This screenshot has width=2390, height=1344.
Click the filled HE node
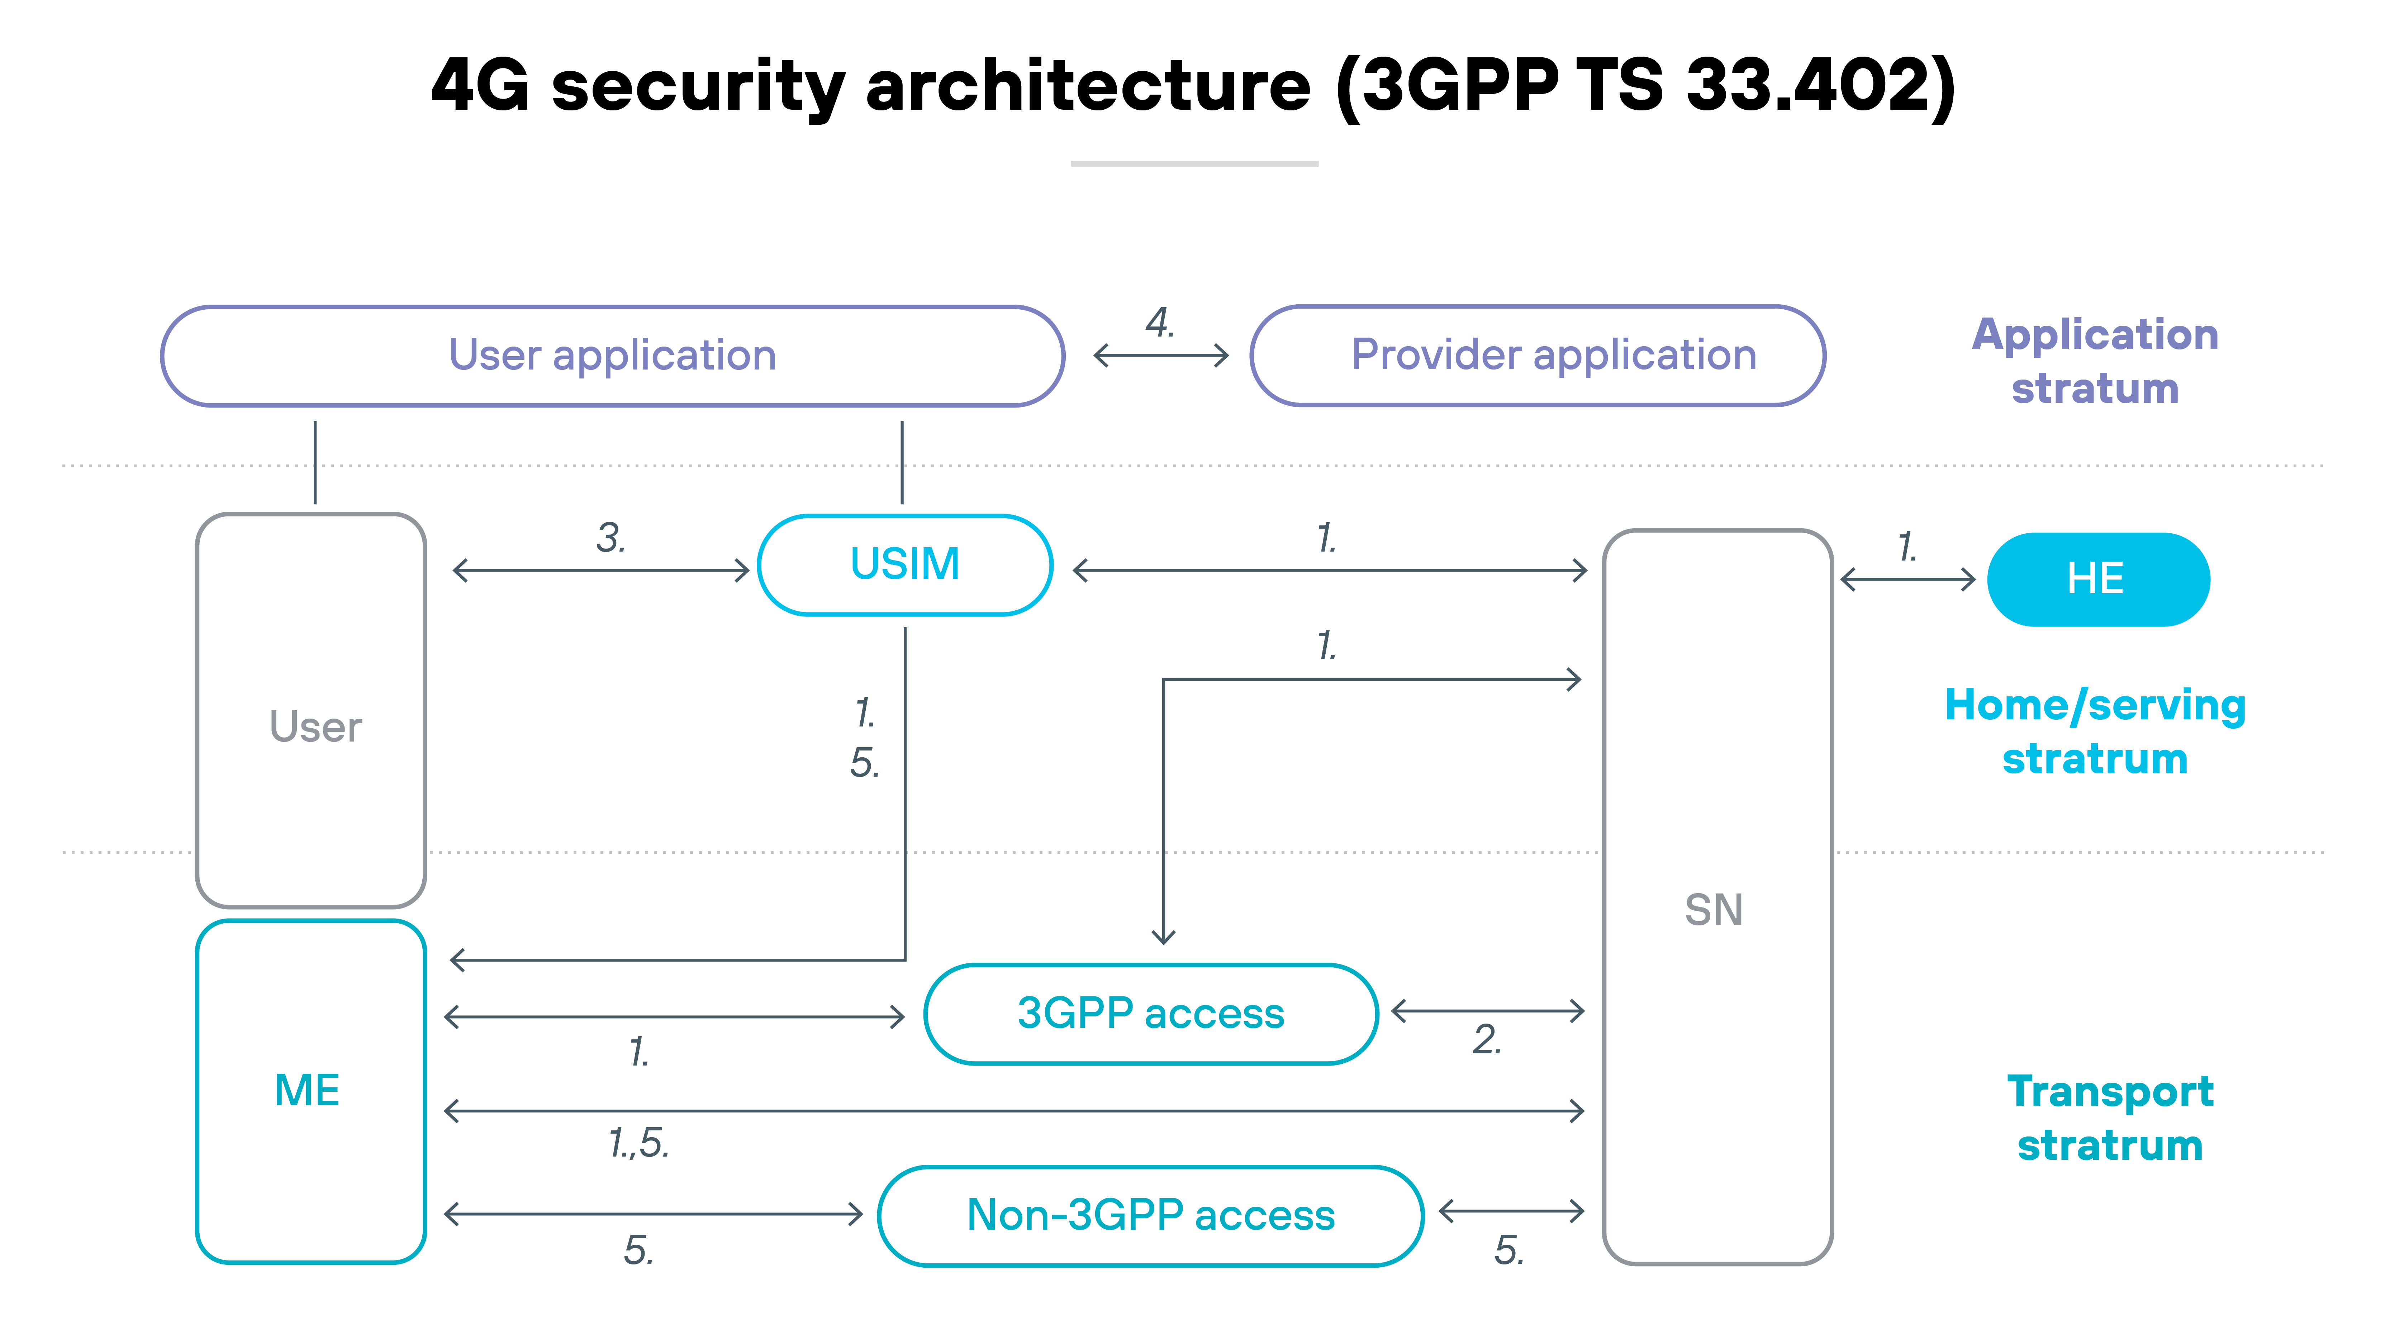2098,580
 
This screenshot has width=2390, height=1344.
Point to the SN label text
1714,910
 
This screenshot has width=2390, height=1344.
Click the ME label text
307,1091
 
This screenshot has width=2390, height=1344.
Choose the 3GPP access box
1150,1014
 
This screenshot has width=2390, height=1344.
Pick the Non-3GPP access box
1150,1215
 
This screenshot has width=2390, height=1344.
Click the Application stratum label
2095,361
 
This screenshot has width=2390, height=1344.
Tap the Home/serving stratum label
2095,732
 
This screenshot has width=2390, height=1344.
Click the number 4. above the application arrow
1160,323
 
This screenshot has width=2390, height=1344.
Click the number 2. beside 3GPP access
1486,1040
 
